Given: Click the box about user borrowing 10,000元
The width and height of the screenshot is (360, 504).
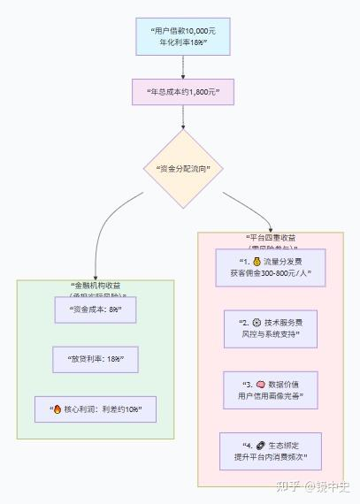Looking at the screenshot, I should coord(183,36).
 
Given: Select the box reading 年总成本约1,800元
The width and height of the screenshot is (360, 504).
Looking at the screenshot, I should coord(182,91).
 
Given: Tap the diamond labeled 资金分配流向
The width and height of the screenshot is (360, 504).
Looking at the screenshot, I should coord(183,168).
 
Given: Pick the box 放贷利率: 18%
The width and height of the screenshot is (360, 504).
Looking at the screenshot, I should coord(95,359).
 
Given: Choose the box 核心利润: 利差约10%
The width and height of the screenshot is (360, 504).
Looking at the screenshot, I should coord(96,409).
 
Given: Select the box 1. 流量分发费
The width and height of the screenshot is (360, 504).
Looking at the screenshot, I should coord(271,268).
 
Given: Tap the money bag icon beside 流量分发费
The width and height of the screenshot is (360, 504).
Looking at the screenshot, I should coord(257,263).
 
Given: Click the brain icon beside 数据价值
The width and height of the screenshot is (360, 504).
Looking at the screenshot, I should coord(261,385).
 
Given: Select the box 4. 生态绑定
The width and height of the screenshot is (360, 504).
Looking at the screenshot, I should coord(271,451).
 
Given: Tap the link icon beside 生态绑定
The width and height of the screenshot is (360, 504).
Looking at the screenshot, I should coord(261,445).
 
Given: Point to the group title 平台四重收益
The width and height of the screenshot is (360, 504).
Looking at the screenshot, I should coord(271,239).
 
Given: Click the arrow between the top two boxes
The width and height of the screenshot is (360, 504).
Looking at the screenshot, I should coord(183,68).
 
